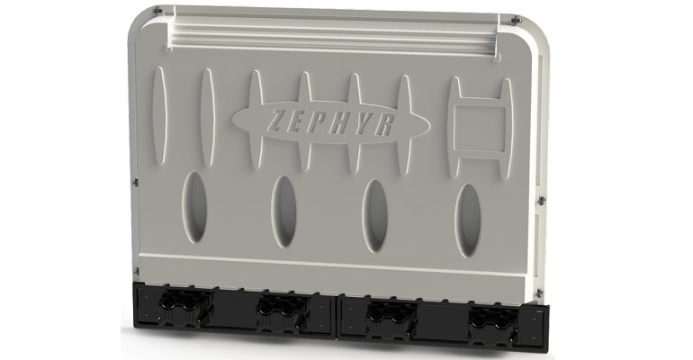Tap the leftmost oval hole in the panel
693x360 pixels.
pyautogui.click(x=193, y=206)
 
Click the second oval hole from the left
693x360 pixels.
pyautogui.click(x=284, y=211)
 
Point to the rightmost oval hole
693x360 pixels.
pyautogui.click(x=468, y=220)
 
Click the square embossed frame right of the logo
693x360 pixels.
pyautogui.click(x=480, y=124)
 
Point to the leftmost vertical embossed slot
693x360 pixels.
pyautogui.click(x=160, y=112)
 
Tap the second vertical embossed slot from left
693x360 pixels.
pyautogui.click(x=206, y=115)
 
